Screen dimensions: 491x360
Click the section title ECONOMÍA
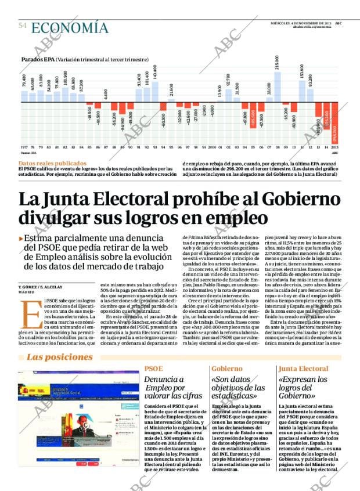(70, 27)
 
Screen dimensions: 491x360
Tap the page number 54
(23, 26)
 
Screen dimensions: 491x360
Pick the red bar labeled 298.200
(335, 124)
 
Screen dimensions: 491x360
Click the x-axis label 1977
(24, 148)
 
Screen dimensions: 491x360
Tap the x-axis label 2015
(335, 148)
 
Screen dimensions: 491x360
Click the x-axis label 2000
(212, 148)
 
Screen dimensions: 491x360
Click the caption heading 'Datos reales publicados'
(52, 164)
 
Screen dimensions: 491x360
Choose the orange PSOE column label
(153, 369)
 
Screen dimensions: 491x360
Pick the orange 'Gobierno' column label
(226, 369)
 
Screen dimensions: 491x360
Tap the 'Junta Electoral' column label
(303, 369)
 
